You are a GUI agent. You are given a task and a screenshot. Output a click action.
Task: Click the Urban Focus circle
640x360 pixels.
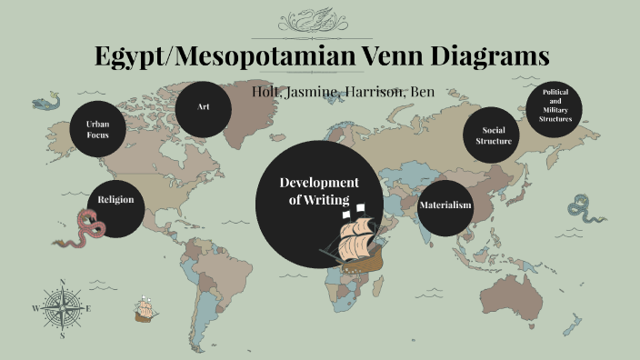click(x=98, y=129)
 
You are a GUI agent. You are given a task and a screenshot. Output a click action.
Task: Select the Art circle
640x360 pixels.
click(x=204, y=108)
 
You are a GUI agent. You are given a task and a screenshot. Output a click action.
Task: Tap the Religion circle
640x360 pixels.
click(x=115, y=199)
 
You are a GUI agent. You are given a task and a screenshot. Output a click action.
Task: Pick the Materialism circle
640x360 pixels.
click(x=445, y=205)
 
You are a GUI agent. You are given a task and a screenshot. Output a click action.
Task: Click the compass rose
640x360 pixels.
click(x=62, y=309)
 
